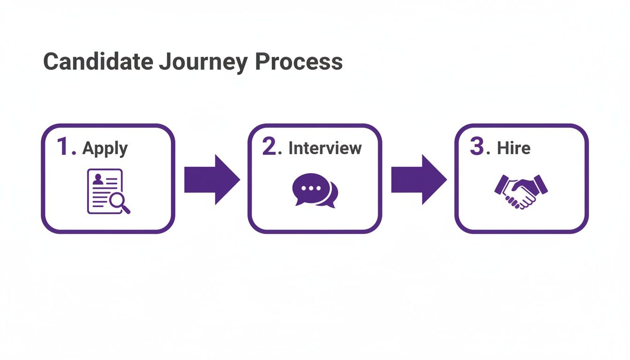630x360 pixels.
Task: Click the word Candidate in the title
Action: pyautogui.click(x=97, y=61)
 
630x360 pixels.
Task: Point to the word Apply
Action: pyautogui.click(x=105, y=149)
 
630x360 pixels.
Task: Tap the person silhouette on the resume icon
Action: pyautogui.click(x=98, y=179)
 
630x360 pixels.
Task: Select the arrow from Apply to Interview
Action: pyautogui.click(x=211, y=180)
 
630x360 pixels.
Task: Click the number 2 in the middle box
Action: pyautogui.click(x=271, y=147)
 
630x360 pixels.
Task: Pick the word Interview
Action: pyautogui.click(x=325, y=148)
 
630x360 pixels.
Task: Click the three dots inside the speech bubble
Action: pyautogui.click(x=309, y=188)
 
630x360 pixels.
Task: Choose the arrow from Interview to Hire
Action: pyautogui.click(x=419, y=180)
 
